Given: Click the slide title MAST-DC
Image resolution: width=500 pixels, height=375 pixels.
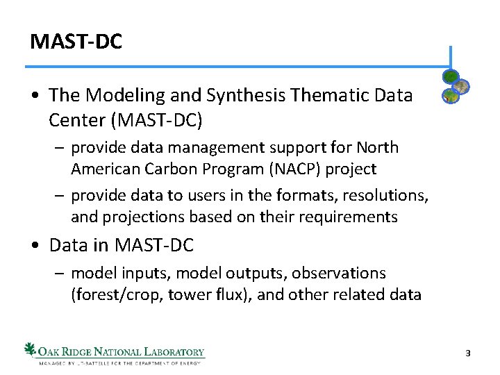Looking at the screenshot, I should (76, 42).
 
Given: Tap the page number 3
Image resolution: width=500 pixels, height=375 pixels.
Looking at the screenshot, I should (468, 353).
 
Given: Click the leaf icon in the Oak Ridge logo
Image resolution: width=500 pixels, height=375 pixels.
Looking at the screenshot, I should (31, 349).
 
